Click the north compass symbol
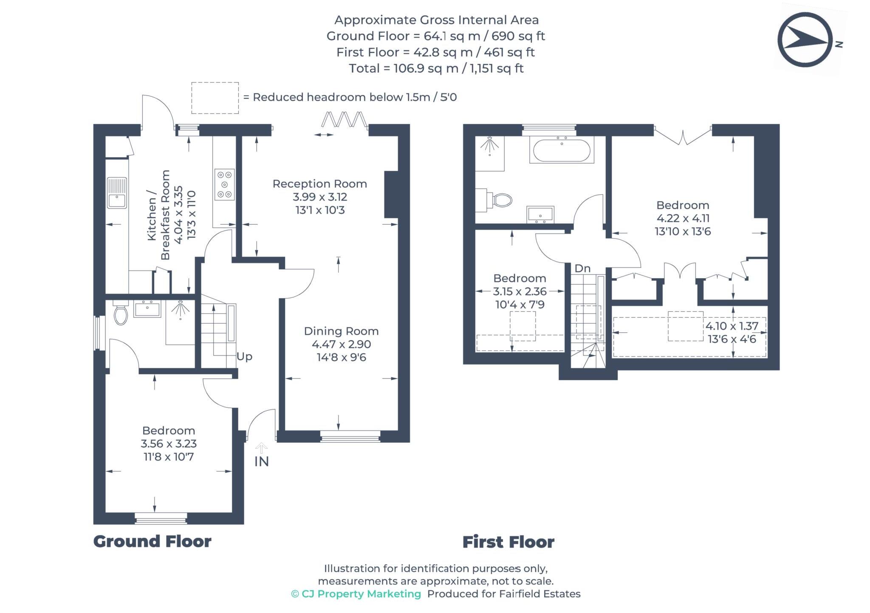coord(805,40)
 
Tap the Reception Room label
coord(319,184)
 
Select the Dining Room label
coord(341,331)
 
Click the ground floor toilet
coord(121,314)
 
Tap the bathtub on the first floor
coord(561,150)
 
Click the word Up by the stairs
coord(244,356)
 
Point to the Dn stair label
coord(582,268)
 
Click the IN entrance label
coord(262,462)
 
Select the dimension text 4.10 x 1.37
coord(732,326)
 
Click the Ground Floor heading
coord(152,542)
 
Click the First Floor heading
coord(508,542)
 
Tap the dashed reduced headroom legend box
coord(215,98)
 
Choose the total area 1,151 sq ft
coord(496,68)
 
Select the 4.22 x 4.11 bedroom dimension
coord(683,218)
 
